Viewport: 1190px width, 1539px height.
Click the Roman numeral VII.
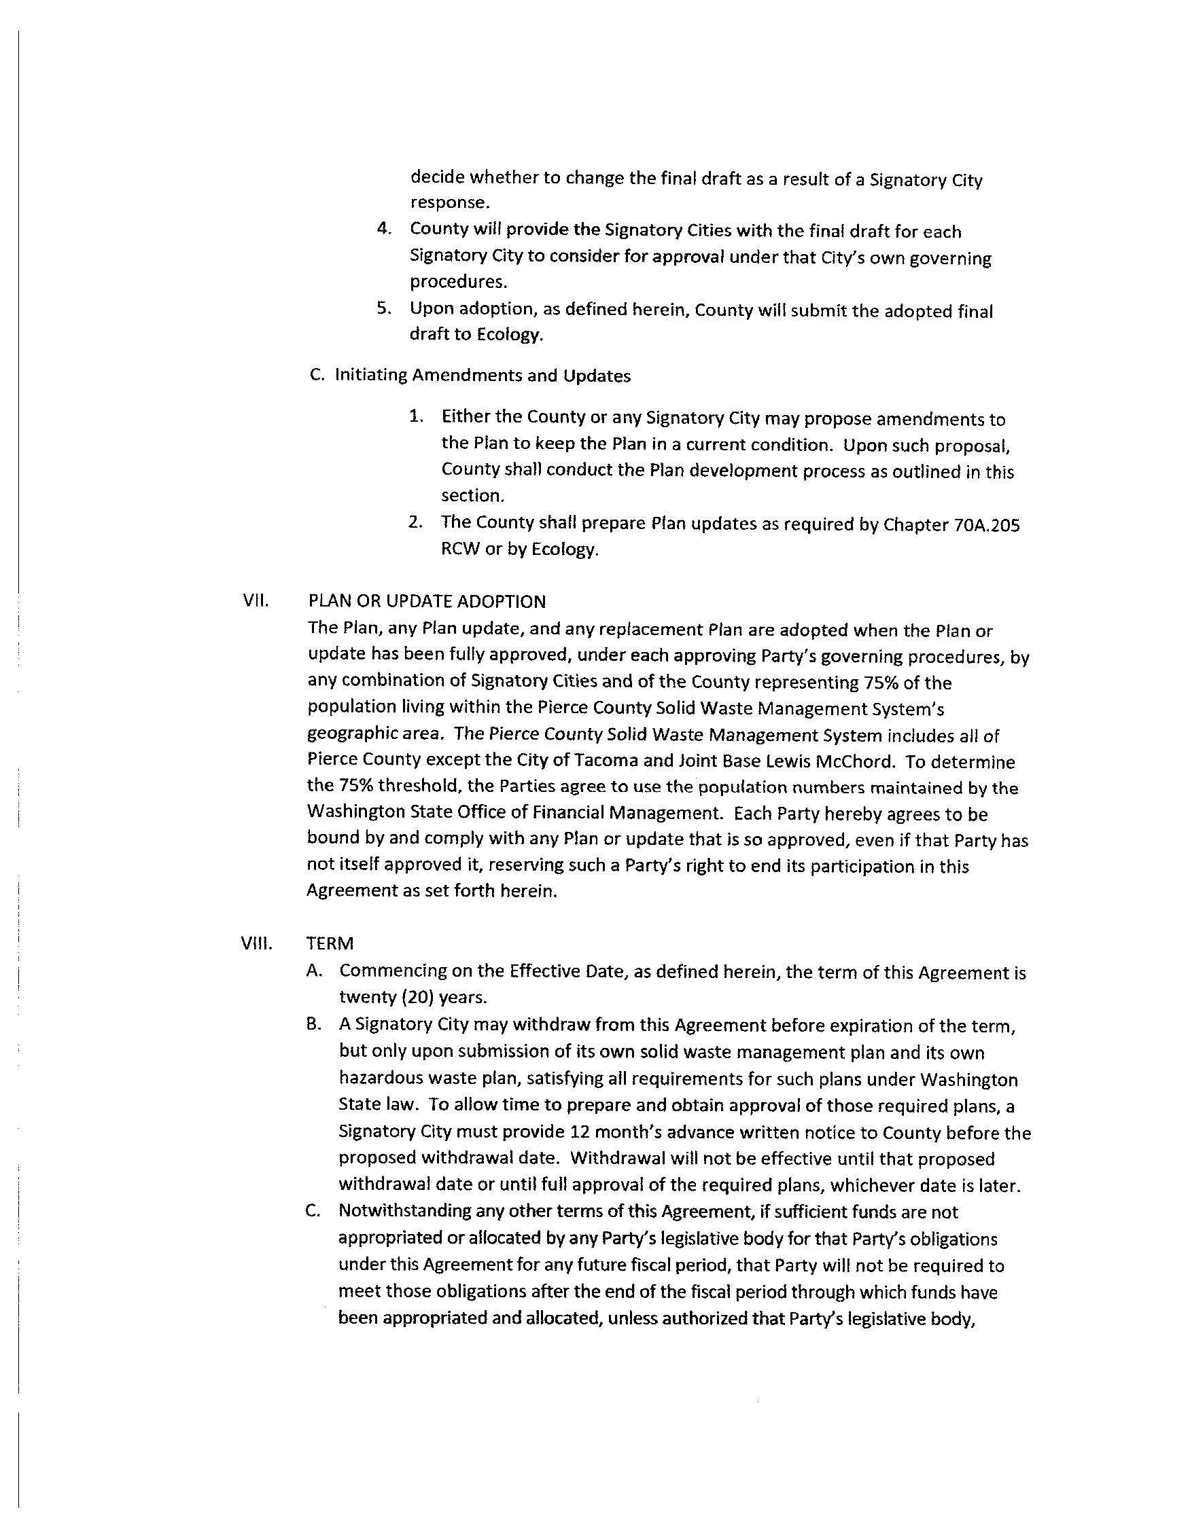253,601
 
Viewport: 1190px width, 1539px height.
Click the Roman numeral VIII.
256,943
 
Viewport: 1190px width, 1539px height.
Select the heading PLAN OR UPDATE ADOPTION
427,601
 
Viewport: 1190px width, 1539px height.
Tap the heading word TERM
330,943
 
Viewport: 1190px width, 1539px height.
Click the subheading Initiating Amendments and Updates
483,376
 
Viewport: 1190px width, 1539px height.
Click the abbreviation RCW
459,549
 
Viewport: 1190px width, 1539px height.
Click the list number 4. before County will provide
383,229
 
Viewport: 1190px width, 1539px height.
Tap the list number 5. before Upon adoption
383,308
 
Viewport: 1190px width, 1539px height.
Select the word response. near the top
450,203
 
